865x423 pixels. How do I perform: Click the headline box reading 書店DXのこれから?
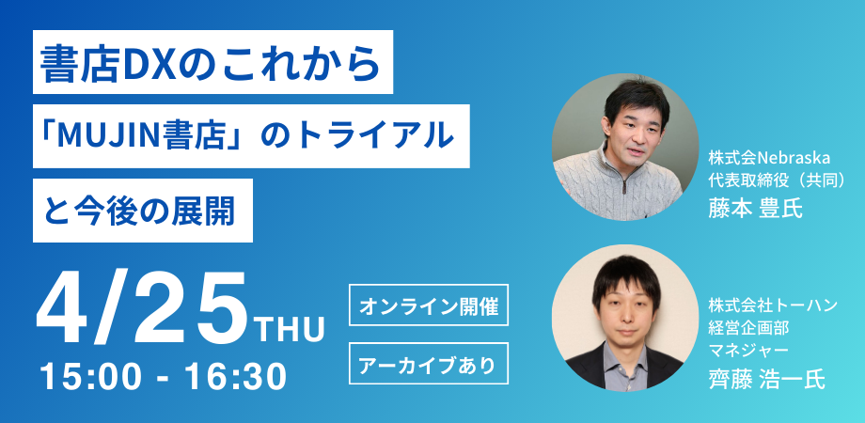(212, 62)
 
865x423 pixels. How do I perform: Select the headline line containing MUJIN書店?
(251, 137)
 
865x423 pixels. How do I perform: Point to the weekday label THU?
(289, 330)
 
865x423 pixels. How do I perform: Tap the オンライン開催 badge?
(428, 305)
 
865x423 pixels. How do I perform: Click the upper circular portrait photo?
(624, 147)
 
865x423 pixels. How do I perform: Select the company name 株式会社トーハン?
(773, 305)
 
